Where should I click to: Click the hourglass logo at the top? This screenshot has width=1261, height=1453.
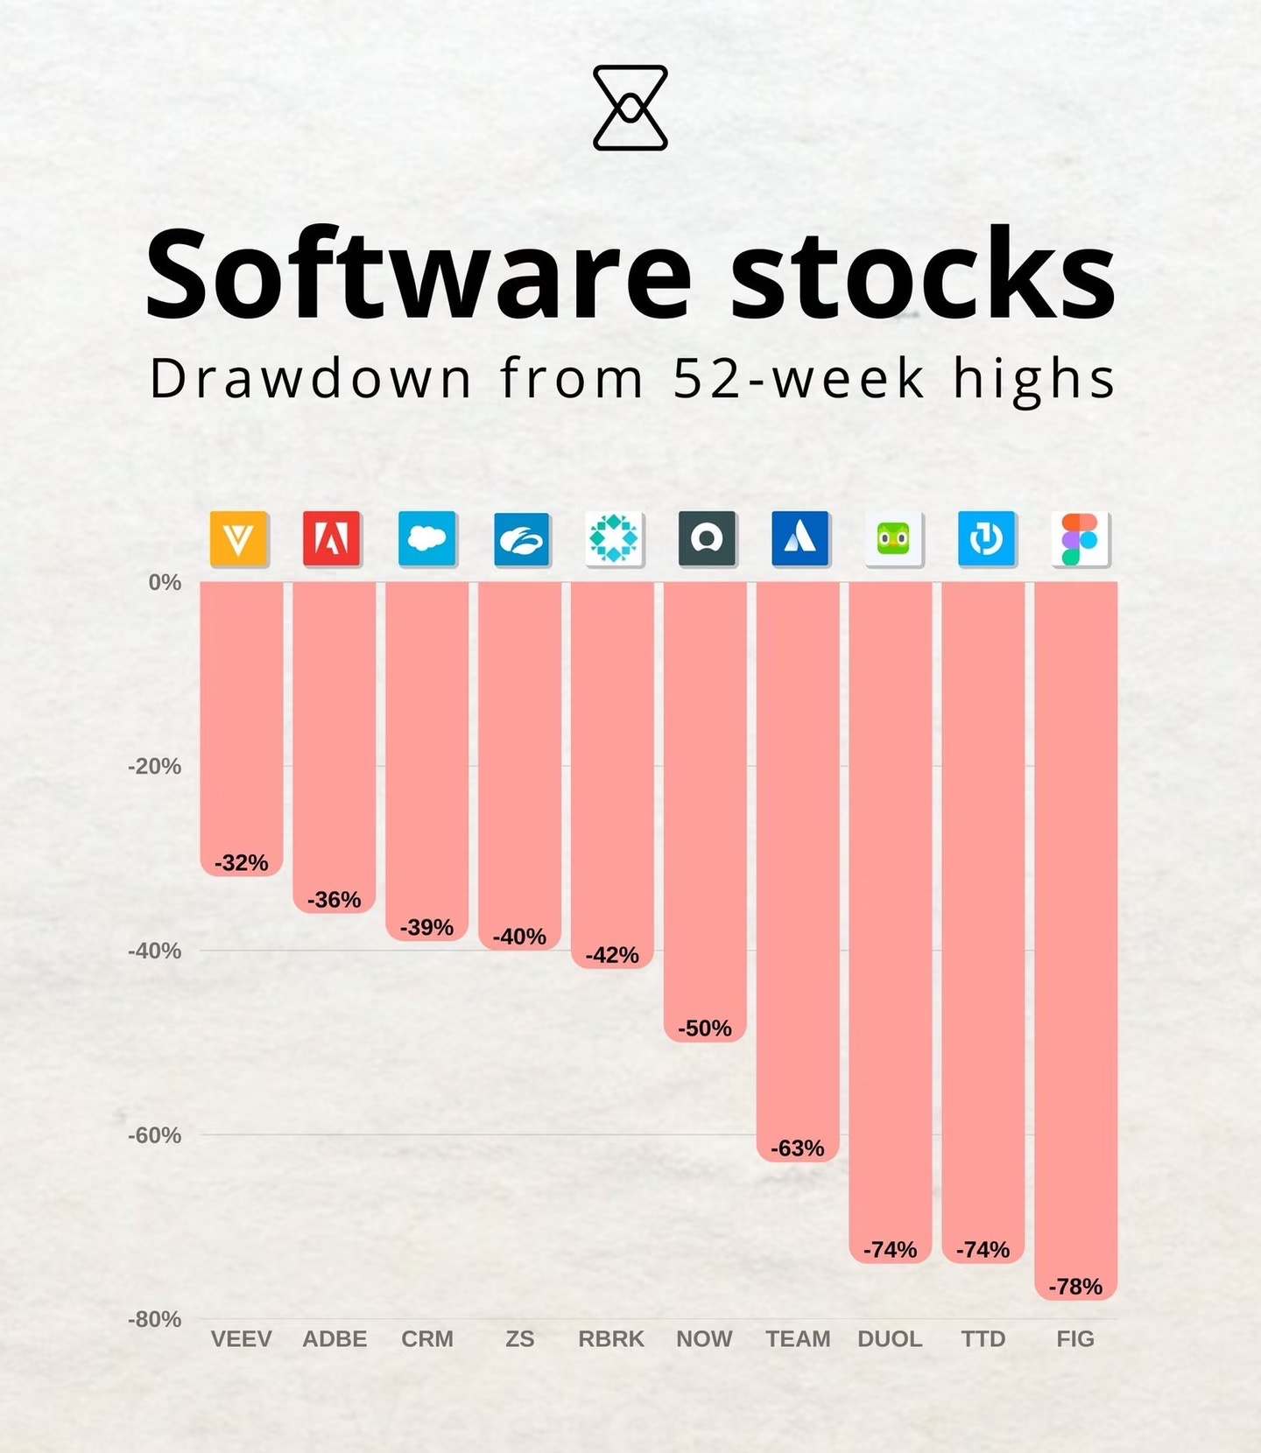pyautogui.click(x=630, y=108)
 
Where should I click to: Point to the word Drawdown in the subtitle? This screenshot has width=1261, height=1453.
pyautogui.click(x=311, y=379)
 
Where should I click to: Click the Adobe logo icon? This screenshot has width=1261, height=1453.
pyautogui.click(x=332, y=538)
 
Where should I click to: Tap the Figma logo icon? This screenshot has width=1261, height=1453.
pyautogui.click(x=1080, y=539)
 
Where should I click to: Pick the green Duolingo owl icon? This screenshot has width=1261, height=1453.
pyautogui.click(x=893, y=538)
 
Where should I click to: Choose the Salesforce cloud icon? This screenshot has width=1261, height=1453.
pyautogui.click(x=427, y=538)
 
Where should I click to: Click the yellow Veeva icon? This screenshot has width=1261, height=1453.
pyautogui.click(x=239, y=538)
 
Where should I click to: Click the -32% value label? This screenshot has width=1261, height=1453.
pyautogui.click(x=241, y=863)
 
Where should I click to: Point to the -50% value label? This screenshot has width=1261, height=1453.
pyautogui.click(x=704, y=1028)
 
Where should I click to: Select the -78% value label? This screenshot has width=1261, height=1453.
pyautogui.click(x=1075, y=1287)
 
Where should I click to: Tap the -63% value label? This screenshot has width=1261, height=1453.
pyautogui.click(x=797, y=1148)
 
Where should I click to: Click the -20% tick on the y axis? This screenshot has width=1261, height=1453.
pyautogui.click(x=155, y=767)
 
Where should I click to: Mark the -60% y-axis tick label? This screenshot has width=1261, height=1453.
pyautogui.click(x=155, y=1136)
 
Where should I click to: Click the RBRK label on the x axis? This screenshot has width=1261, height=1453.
pyautogui.click(x=611, y=1339)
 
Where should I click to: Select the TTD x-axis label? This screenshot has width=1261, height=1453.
pyautogui.click(x=983, y=1339)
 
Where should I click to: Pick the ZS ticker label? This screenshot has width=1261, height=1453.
pyautogui.click(x=519, y=1339)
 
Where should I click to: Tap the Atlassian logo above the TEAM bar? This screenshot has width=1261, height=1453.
pyautogui.click(x=800, y=538)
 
